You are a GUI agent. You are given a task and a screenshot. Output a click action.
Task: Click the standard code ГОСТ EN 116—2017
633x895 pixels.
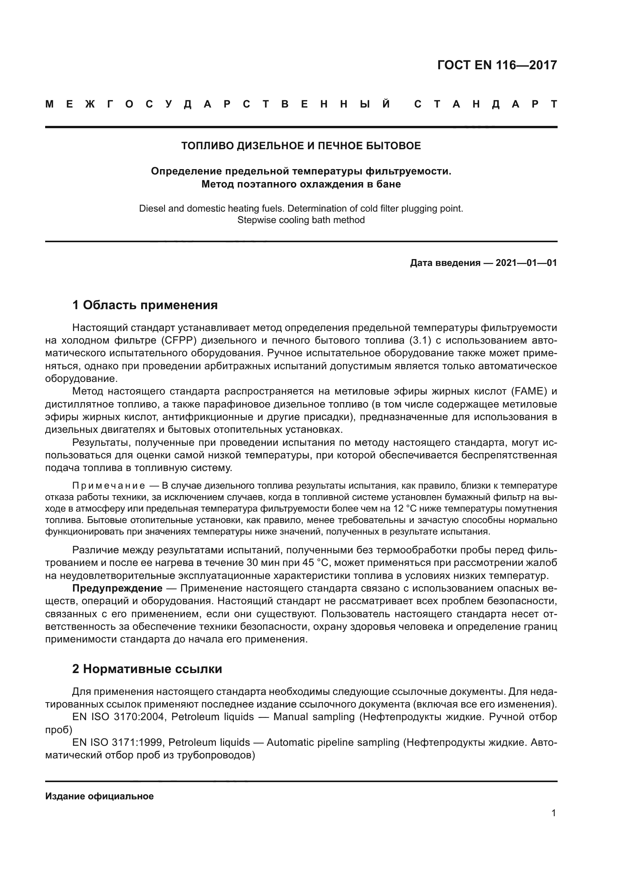tap(497, 65)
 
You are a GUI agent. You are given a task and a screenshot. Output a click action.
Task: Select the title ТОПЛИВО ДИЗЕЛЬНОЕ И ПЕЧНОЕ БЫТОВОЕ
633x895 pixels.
tap(301, 146)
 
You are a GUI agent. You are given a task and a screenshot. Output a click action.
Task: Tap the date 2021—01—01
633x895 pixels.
tap(526, 263)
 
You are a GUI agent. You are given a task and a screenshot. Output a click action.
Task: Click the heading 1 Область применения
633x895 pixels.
tap(145, 305)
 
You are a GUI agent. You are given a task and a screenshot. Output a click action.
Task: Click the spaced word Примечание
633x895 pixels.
tap(109, 486)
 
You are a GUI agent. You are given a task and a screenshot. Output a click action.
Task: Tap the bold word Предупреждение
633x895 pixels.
tap(117, 588)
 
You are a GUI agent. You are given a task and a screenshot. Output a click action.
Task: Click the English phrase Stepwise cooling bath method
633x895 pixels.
tap(301, 220)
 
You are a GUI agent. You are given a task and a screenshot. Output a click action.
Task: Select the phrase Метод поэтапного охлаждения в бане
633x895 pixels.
tap(301, 184)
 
